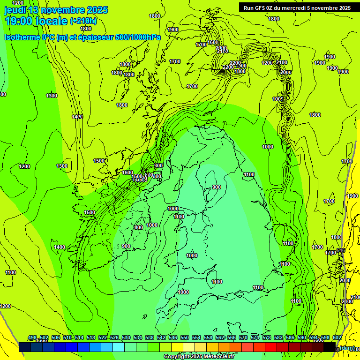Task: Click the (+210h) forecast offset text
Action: click(83, 21)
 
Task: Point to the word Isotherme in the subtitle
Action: click(22, 37)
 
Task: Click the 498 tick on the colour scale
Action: click(32, 338)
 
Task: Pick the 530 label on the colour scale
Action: click(126, 338)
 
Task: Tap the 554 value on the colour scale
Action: click(196, 338)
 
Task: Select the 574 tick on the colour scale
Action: click(255, 338)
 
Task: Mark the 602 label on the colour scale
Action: click(337, 338)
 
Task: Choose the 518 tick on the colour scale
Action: click(91, 338)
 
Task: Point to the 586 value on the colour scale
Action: click(290, 338)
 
